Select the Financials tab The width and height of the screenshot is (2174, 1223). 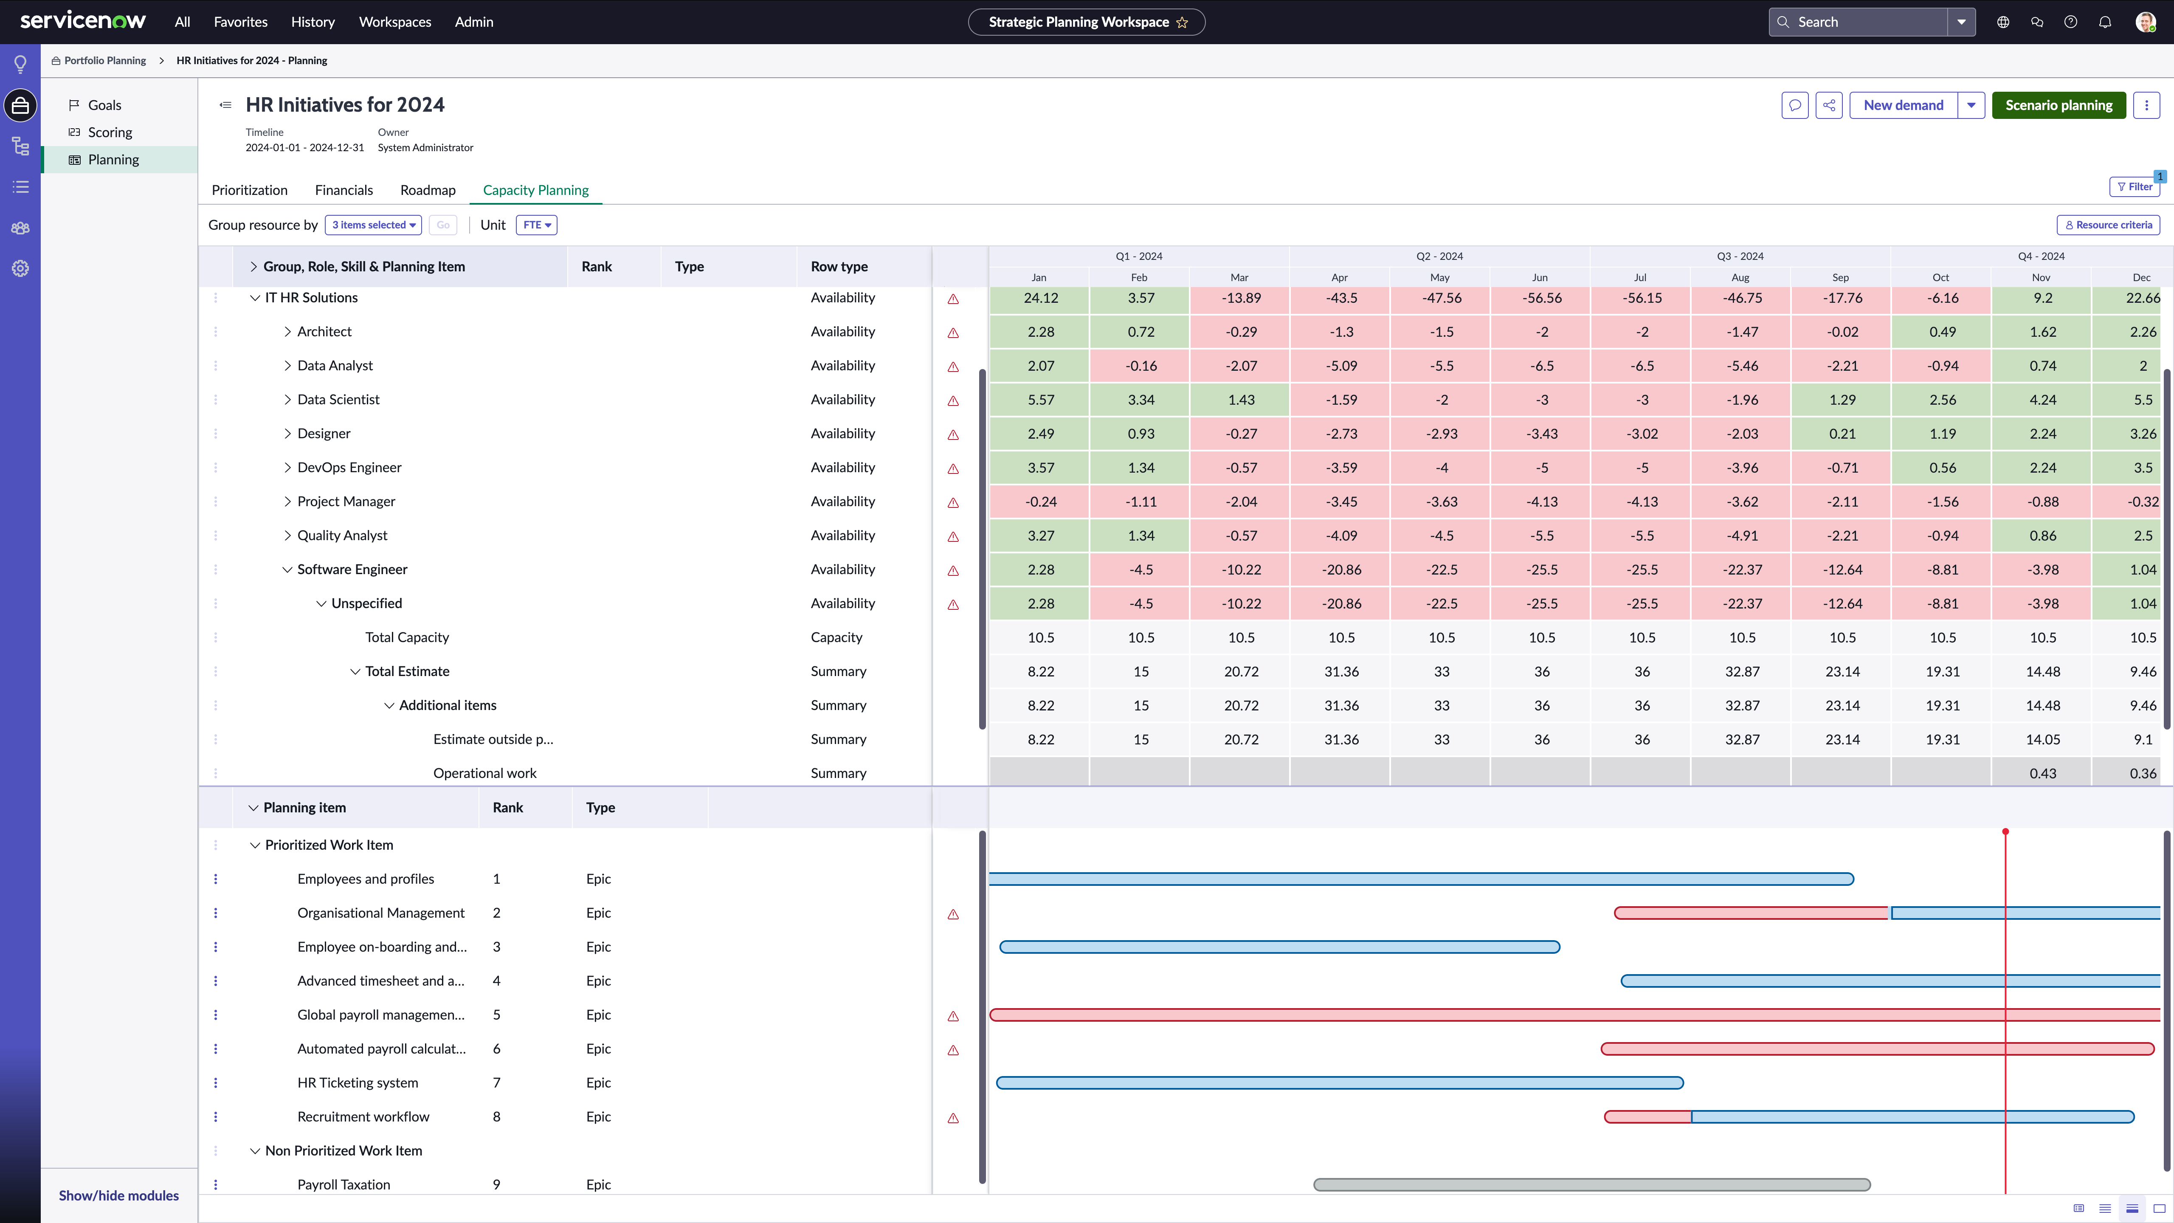pos(344,190)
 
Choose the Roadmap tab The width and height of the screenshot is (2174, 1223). pos(428,190)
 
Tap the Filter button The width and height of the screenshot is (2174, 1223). pos(2135,186)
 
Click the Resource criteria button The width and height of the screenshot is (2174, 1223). pos(2108,225)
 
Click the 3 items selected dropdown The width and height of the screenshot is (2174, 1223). pos(373,225)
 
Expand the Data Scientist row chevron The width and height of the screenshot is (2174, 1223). pos(287,399)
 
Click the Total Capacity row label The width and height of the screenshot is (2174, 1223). pos(407,637)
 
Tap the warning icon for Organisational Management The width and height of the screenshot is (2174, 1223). pos(953,914)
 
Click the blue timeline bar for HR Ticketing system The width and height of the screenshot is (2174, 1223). pos(1339,1083)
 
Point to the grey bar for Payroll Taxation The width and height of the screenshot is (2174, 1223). pos(1592,1185)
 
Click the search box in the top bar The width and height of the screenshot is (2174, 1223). pos(1859,22)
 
